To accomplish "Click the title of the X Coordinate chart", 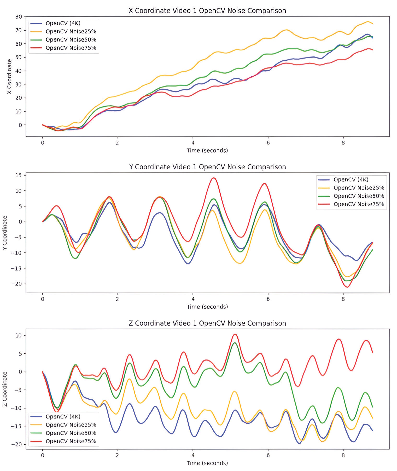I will pyautogui.click(x=207, y=11).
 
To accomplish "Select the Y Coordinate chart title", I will pyautogui.click(x=207, y=167).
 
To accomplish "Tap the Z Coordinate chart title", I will pyautogui.click(x=207, y=323).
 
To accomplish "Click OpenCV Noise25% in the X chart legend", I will pyautogui.click(x=71, y=32).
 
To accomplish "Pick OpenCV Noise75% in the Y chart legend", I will pyautogui.click(x=359, y=204).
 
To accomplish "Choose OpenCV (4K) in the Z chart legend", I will pyautogui.click(x=63, y=417).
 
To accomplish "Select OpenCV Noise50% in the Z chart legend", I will pyautogui.click(x=71, y=433).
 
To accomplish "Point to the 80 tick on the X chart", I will pyautogui.click(x=19, y=17).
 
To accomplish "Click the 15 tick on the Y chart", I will pyautogui.click(x=19, y=175).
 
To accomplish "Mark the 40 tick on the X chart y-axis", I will pyautogui.click(x=19, y=71).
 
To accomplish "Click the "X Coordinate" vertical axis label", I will pyautogui.click(x=9, y=77).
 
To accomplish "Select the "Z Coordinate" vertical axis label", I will pyautogui.click(x=5, y=389).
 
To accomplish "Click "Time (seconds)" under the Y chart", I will pyautogui.click(x=207, y=307).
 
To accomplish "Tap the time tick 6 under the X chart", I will pyautogui.click(x=268, y=143).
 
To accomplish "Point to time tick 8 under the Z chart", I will pyautogui.click(x=343, y=455).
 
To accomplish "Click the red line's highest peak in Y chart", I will pyautogui.click(x=214, y=178).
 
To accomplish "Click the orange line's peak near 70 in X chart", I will pyautogui.click(x=287, y=30).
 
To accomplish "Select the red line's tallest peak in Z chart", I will pyautogui.click(x=235, y=334).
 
